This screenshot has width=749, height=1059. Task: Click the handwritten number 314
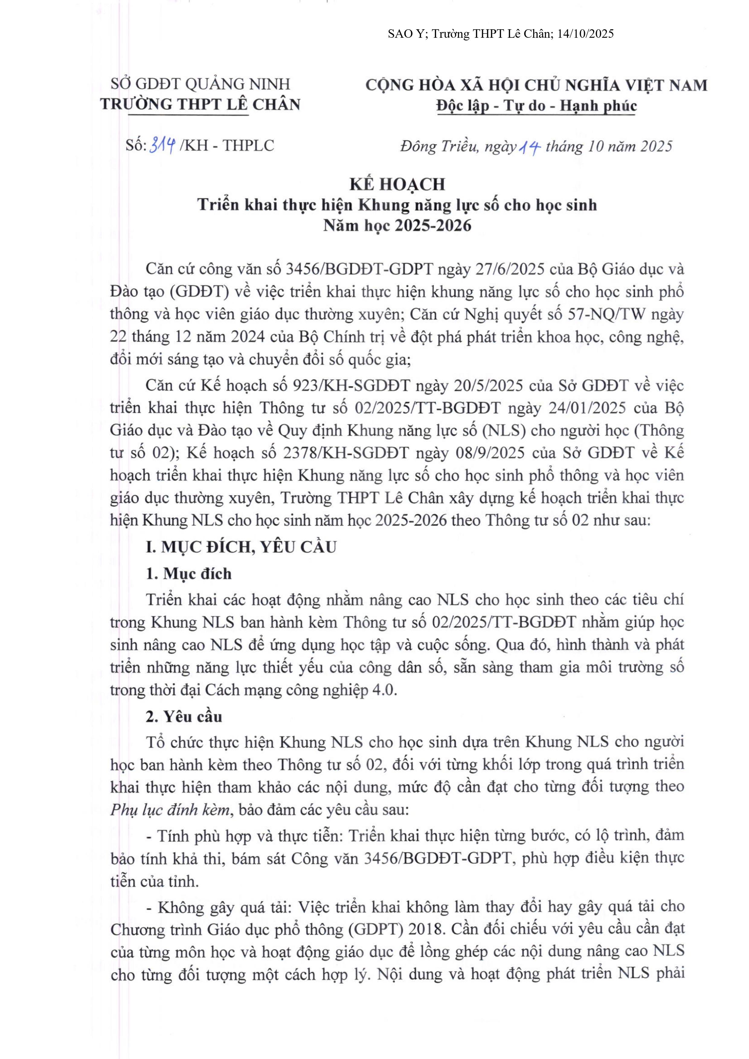[x=162, y=146]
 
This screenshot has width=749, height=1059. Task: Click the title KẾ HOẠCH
[x=397, y=184]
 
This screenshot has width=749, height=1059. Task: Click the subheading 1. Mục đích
[x=189, y=574]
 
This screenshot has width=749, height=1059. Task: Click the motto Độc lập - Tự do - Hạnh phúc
[x=536, y=106]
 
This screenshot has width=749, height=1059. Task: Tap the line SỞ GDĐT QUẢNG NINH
[x=200, y=84]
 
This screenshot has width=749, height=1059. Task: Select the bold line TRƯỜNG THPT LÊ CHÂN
[x=200, y=105]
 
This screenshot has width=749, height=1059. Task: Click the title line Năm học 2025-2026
[x=397, y=226]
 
